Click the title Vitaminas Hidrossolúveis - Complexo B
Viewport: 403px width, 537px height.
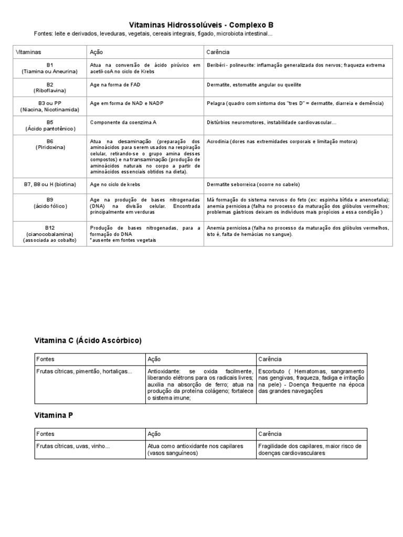[x=201, y=25]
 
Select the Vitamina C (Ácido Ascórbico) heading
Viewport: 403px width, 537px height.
[x=88, y=340]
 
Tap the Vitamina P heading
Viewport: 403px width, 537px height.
[x=54, y=415]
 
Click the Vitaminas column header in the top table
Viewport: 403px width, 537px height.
[x=29, y=52]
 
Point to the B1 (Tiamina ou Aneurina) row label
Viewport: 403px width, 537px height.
[x=50, y=68]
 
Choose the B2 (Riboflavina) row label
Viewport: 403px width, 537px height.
[x=50, y=87]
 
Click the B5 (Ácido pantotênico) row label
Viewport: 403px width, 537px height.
[x=50, y=125]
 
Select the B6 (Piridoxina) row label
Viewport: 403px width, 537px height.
[x=50, y=145]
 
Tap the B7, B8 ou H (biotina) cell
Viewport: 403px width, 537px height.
[x=50, y=185]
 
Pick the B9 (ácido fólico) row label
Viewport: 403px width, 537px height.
[x=50, y=203]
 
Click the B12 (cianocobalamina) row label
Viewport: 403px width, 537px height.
[x=50, y=234]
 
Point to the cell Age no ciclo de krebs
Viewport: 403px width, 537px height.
[x=115, y=185]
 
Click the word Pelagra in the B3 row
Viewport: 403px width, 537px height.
[x=217, y=103]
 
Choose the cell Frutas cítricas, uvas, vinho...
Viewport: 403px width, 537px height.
[x=73, y=446]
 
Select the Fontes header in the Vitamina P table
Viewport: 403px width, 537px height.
[x=45, y=434]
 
